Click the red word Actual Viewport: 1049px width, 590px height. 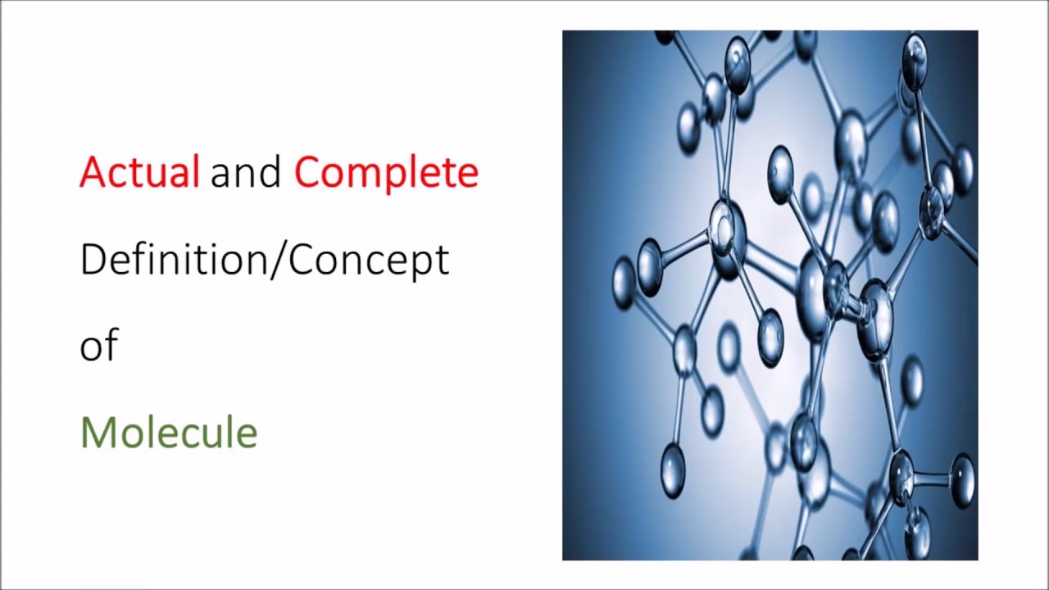point(139,172)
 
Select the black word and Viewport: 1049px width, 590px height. point(246,172)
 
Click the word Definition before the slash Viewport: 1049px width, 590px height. point(179,259)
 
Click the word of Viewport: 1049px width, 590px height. point(99,345)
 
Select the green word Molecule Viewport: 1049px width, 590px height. point(169,432)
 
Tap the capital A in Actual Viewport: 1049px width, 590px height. point(92,173)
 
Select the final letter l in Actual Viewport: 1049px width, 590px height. point(195,171)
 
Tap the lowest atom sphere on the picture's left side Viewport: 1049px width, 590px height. point(672,471)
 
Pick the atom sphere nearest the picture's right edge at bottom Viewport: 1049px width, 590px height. point(960,478)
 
